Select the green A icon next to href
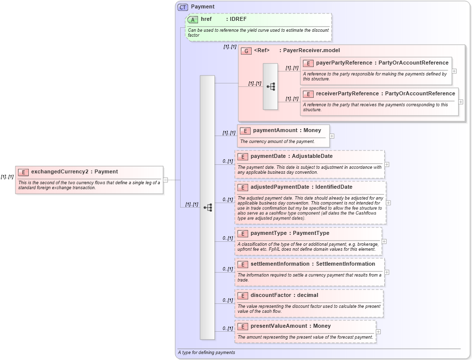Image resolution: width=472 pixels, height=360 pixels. coord(193,19)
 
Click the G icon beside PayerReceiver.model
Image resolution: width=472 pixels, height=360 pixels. coord(246,51)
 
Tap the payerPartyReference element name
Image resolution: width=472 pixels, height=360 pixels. coord(344,63)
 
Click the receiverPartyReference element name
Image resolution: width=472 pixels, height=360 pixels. coord(347,93)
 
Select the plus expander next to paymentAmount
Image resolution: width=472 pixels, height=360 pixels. coord(332,136)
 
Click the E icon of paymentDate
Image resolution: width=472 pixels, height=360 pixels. coord(242,156)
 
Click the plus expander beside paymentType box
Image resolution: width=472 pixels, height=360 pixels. coord(384,241)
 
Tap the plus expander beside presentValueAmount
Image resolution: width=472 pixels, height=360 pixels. coord(378,331)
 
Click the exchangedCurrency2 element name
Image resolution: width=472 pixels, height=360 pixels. coord(60,172)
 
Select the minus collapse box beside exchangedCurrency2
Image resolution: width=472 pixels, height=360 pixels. coord(166,180)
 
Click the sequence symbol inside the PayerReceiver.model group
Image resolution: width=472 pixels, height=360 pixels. coord(270,86)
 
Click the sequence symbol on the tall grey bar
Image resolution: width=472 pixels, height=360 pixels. coord(207,208)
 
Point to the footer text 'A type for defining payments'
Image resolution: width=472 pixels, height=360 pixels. coord(206,353)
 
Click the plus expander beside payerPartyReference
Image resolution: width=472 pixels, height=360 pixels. coord(454,71)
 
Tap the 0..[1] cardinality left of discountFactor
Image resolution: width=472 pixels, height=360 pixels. coord(227,300)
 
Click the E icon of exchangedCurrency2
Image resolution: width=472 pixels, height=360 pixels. coord(23,172)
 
